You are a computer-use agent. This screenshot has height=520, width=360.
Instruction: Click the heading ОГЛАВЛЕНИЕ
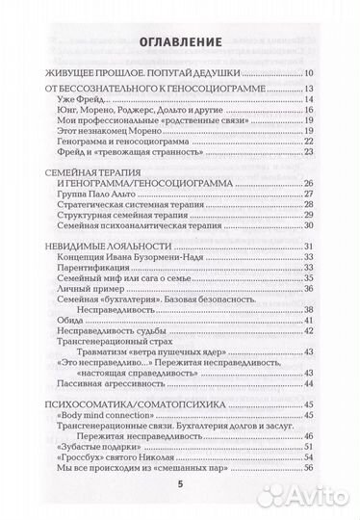(179, 44)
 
